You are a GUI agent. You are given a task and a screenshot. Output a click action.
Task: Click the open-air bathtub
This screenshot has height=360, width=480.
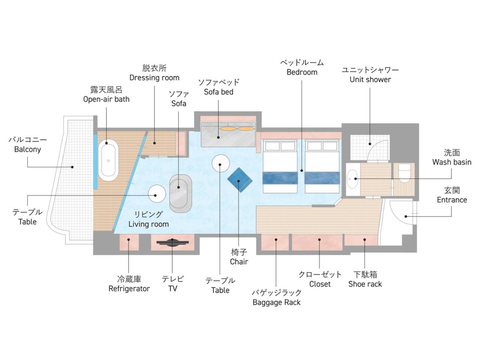[x=108, y=160]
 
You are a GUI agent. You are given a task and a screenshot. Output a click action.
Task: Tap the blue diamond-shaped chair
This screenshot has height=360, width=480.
[x=240, y=180]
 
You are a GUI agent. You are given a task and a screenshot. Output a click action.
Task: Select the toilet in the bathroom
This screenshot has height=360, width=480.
[x=404, y=173]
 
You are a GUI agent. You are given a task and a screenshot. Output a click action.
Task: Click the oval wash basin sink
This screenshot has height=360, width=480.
[x=352, y=179]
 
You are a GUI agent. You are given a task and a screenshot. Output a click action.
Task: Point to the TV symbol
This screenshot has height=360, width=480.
[x=172, y=242]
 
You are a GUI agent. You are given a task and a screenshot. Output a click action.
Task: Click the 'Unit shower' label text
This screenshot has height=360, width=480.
[x=370, y=79]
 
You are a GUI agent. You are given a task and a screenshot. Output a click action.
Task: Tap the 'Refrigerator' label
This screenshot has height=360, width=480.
[x=129, y=288]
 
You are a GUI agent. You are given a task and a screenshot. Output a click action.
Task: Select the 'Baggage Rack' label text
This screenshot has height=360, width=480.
[x=276, y=302]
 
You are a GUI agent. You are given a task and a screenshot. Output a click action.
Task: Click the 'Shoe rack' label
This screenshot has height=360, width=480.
[x=365, y=284]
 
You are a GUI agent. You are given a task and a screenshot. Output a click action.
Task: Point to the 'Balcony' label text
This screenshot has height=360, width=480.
[x=27, y=149]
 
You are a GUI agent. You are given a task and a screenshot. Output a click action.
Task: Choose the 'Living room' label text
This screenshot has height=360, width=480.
[x=148, y=224]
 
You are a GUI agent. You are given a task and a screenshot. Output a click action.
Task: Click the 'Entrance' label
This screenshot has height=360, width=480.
[x=452, y=199]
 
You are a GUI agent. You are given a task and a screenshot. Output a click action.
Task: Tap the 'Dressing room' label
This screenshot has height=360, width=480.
[x=154, y=78]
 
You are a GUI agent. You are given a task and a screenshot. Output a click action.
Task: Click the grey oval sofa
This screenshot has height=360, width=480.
[x=181, y=193]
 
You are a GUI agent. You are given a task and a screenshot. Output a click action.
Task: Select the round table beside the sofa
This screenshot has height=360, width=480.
[x=157, y=193]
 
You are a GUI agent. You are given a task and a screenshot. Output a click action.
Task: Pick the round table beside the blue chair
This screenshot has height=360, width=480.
[x=220, y=163]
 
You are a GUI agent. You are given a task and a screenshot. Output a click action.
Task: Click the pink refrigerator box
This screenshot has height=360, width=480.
[x=129, y=242]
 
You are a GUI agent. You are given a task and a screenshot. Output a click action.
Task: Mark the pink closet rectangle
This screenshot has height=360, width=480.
[x=317, y=242]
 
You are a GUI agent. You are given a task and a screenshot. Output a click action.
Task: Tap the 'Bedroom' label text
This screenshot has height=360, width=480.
[x=302, y=72]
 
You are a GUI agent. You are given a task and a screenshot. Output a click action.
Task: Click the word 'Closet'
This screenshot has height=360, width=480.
[x=320, y=284]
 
